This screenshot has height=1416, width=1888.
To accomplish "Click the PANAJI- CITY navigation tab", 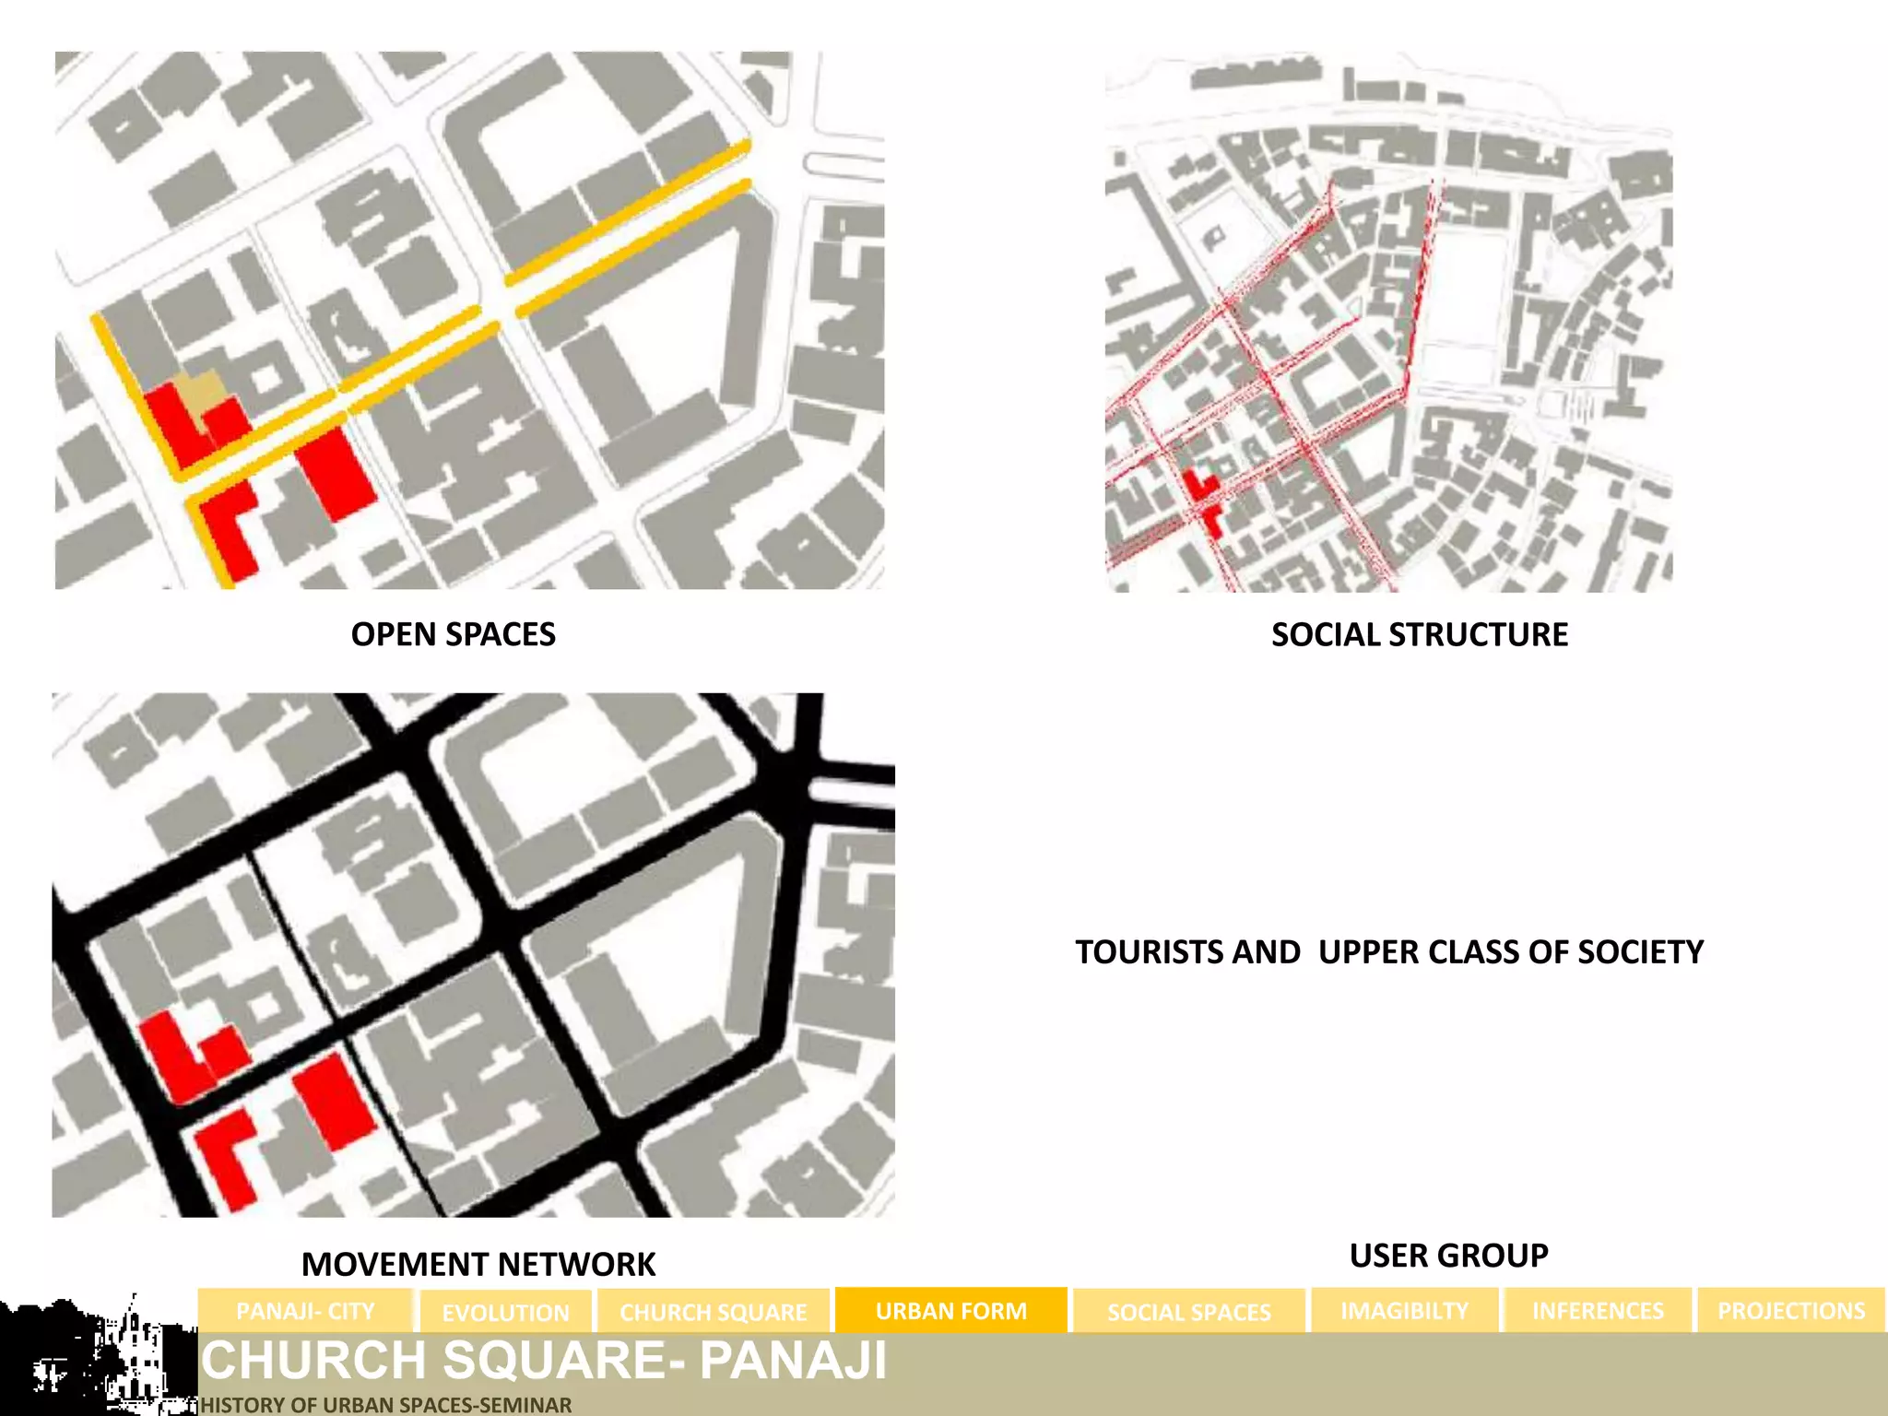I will pos(305,1311).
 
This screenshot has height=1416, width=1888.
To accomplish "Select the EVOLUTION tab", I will pos(505,1312).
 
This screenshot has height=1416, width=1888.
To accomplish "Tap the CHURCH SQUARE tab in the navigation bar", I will pos(713,1312).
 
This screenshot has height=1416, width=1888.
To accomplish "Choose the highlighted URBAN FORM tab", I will pos(950,1311).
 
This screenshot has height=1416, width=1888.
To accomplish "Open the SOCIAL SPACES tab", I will pos(1188,1312).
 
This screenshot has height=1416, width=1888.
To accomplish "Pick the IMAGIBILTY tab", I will pos(1404,1311).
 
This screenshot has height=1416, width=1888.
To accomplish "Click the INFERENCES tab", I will pos(1598,1311).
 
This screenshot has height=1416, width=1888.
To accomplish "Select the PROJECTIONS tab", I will pos(1790,1311).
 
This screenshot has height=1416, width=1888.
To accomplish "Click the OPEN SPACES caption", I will pos(453,634).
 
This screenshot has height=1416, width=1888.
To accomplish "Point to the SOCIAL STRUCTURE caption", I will pos(1419,634).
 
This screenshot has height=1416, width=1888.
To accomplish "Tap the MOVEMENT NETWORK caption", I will pos(478,1264).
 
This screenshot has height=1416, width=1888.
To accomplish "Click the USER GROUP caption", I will pos(1448,1256).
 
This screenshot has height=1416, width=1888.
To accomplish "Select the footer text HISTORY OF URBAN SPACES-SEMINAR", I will pos(386,1405).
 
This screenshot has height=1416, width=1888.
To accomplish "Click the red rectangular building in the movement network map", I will pos(335,1101).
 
